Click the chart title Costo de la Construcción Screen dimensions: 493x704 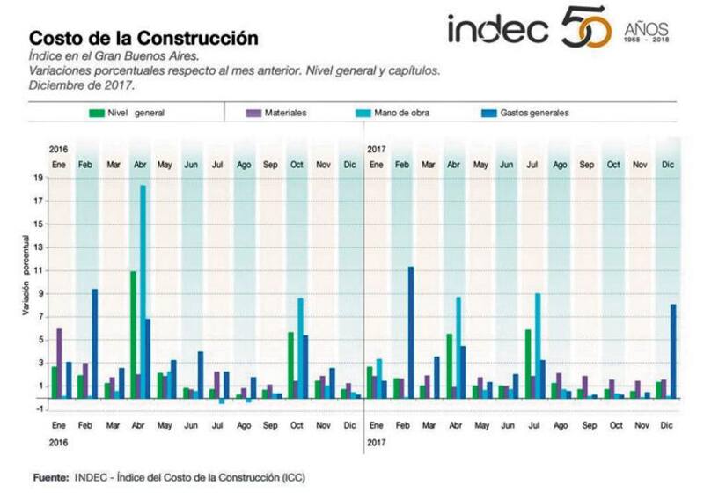point(144,39)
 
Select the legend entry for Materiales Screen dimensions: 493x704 point(285,114)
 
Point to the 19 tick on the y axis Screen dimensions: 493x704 point(38,177)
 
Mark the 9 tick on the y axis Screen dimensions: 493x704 point(38,292)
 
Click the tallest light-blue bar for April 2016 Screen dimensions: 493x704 point(143,291)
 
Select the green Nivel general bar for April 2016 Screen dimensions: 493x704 point(133,335)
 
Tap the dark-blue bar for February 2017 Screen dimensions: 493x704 point(410,332)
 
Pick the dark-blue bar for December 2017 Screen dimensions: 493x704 point(673,350)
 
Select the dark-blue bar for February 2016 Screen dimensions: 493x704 point(94,343)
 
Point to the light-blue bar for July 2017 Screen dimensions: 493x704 point(537,345)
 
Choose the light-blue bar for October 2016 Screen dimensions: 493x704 point(300,348)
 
